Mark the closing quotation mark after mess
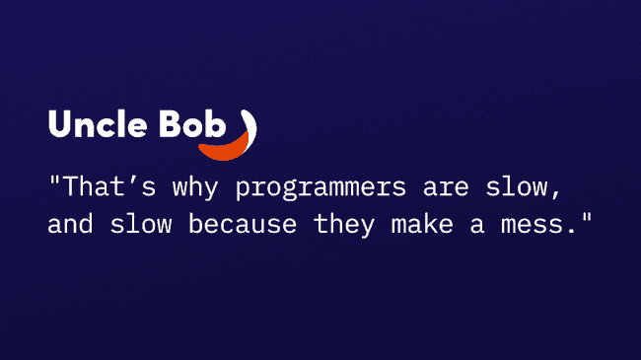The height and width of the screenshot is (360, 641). (587, 216)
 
